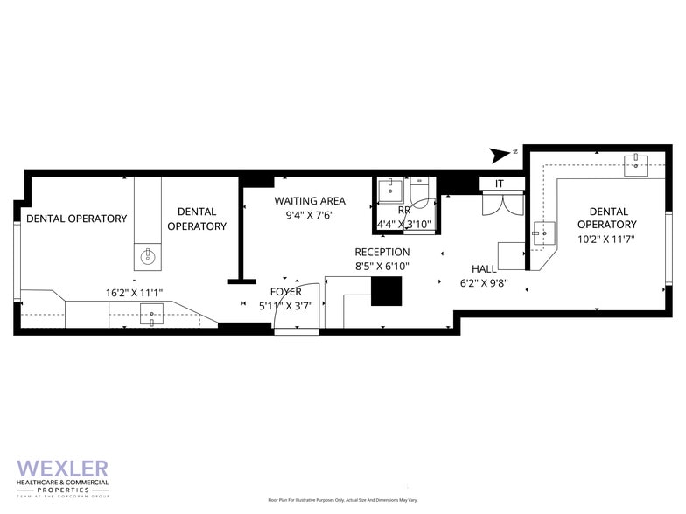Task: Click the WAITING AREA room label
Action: pyautogui.click(x=309, y=201)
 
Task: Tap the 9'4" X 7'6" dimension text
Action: pyautogui.click(x=309, y=215)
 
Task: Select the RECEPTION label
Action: pyautogui.click(x=381, y=252)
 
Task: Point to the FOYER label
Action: pyautogui.click(x=285, y=291)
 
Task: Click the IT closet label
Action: pyautogui.click(x=500, y=184)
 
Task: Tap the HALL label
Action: pyautogui.click(x=485, y=268)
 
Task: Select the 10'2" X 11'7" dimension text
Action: pyautogui.click(x=607, y=238)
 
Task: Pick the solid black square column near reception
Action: pyautogui.click(x=386, y=290)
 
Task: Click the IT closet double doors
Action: pyautogui.click(x=500, y=204)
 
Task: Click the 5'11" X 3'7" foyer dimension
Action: pyautogui.click(x=285, y=305)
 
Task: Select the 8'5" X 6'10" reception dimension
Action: pyautogui.click(x=381, y=266)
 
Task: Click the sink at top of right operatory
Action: pyautogui.click(x=634, y=163)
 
